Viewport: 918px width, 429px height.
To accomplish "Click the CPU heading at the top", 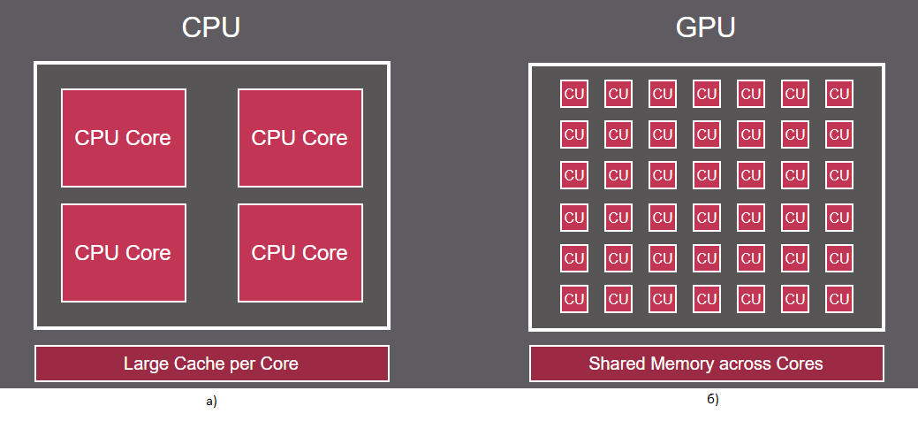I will click(211, 27).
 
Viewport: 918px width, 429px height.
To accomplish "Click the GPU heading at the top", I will click(705, 27).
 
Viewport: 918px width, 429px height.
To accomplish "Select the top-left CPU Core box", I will click(124, 138).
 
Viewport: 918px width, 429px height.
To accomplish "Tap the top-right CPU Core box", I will click(300, 138).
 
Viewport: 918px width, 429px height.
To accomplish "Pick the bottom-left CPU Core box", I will click(124, 253).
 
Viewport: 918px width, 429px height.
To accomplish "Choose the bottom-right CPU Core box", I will click(300, 253).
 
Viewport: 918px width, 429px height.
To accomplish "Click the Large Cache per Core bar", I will click(211, 364).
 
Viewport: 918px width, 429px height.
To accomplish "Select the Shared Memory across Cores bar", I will click(706, 364).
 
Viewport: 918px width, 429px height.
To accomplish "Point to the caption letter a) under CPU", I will click(210, 402).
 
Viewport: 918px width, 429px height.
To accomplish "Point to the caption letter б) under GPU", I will click(713, 400).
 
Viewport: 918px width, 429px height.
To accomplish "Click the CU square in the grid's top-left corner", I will click(574, 94).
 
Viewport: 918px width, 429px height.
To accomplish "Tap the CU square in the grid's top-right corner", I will click(839, 94).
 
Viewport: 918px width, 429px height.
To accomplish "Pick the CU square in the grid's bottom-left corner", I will click(574, 299).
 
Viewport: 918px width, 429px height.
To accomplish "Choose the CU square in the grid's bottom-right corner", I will click(839, 299).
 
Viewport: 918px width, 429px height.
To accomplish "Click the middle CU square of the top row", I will click(707, 94).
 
